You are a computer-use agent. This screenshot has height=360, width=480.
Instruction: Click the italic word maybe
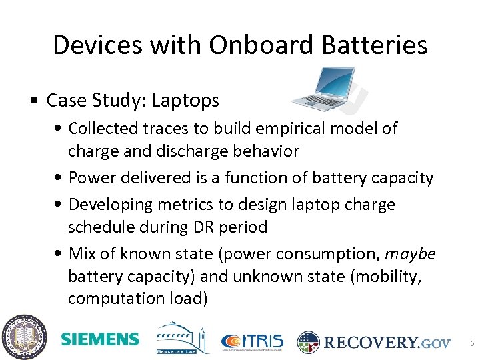410,254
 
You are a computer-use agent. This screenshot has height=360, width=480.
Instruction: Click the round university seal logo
24,337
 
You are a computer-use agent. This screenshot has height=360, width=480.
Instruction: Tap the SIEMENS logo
100,339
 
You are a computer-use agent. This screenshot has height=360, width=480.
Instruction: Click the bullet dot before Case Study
33,101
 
